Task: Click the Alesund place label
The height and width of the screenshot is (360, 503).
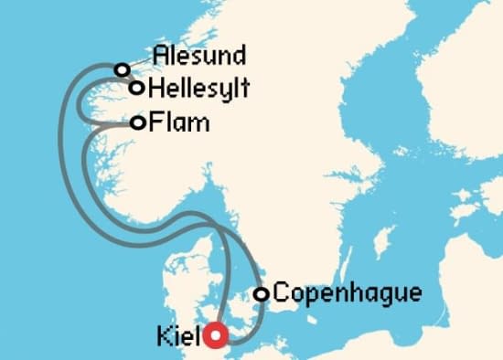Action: [200, 55]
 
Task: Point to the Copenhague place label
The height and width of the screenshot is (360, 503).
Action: [348, 293]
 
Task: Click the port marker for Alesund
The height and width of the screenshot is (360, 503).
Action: [121, 69]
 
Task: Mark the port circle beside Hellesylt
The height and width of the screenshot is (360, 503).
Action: [136, 88]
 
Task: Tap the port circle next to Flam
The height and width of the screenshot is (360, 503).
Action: [137, 122]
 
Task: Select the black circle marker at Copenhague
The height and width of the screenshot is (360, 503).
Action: [261, 294]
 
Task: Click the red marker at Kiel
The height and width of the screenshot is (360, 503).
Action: [216, 336]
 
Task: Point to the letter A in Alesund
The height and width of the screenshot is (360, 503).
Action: [162, 55]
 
